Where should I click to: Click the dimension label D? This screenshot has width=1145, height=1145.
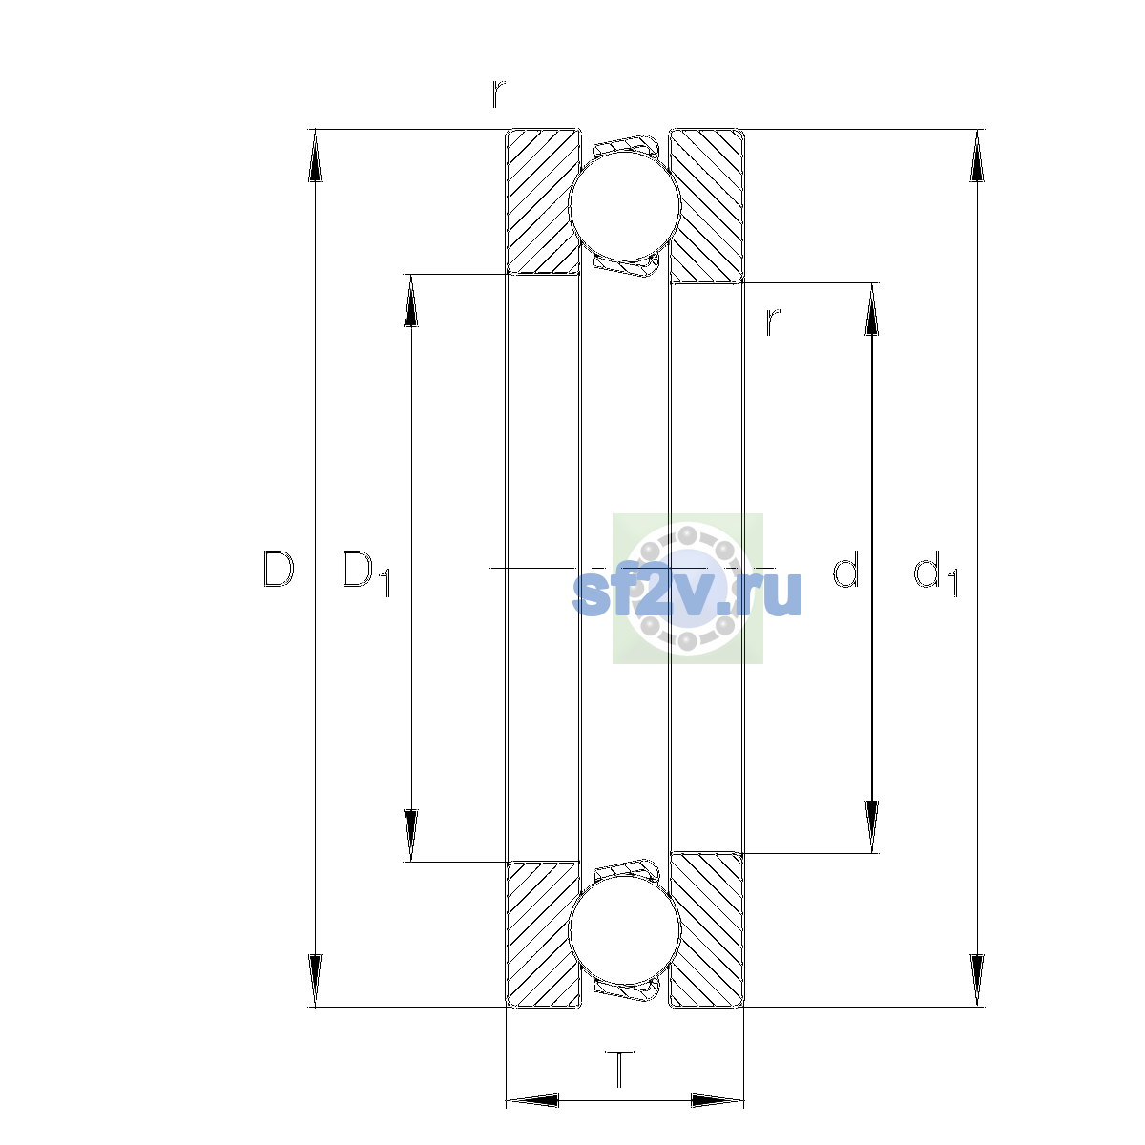pyautogui.click(x=279, y=570)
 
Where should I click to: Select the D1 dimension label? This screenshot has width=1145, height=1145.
pyautogui.click(x=365, y=572)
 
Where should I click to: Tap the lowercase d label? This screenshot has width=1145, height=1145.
pyautogui.click(x=845, y=569)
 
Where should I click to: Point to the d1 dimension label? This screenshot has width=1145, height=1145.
pyautogui.click(x=935, y=572)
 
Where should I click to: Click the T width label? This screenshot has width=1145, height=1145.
pyautogui.click(x=620, y=1069)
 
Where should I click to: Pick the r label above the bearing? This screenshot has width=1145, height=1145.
pyautogui.click(x=498, y=94)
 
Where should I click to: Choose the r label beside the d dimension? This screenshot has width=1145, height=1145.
pyautogui.click(x=773, y=323)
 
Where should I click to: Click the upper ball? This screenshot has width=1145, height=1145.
pyautogui.click(x=624, y=205)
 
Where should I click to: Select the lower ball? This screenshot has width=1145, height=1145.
pyautogui.click(x=624, y=931)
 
